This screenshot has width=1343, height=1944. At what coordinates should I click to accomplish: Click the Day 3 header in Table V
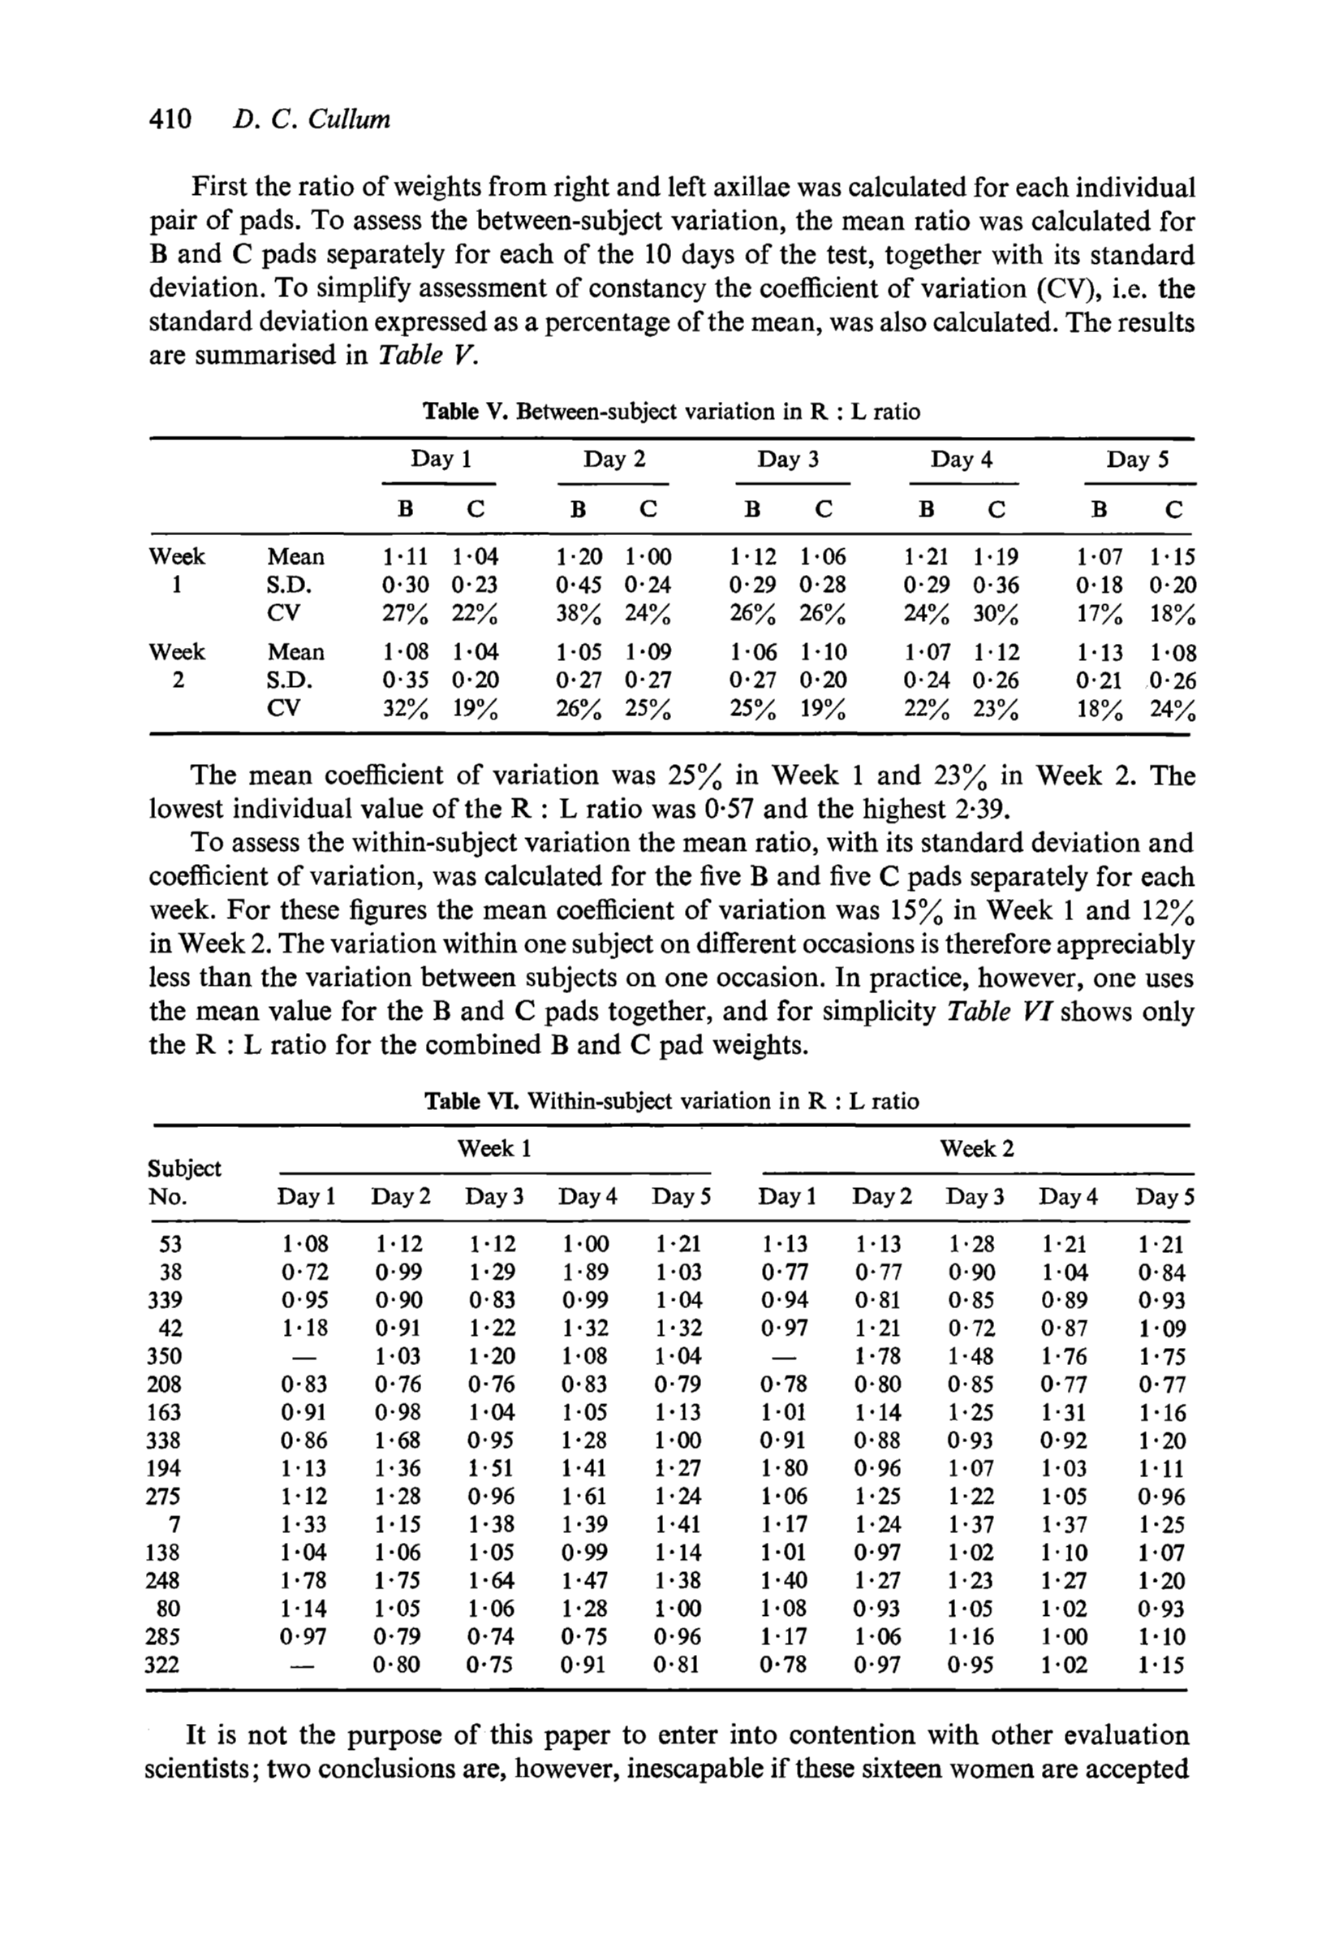point(788,460)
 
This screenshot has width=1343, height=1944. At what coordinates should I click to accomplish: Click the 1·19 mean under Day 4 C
point(996,557)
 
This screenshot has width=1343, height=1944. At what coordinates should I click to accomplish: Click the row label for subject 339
point(163,1300)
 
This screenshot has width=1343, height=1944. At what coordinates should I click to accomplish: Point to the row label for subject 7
point(175,1525)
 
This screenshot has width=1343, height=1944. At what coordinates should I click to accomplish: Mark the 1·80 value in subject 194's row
point(783,1468)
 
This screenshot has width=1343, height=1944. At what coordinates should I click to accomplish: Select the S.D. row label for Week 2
point(289,680)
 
